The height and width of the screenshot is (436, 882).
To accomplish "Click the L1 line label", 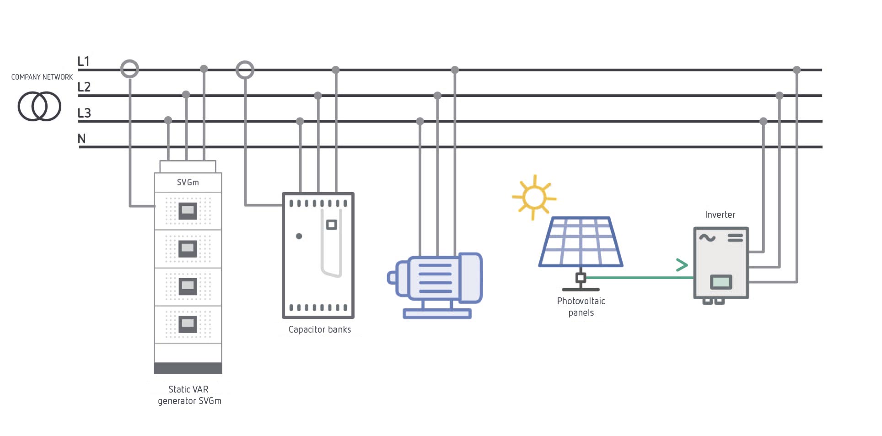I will click(84, 61).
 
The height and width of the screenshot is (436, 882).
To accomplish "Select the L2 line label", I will click(84, 87).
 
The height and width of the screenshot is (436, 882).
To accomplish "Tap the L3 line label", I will click(84, 113).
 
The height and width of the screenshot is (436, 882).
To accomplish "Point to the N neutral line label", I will click(82, 139).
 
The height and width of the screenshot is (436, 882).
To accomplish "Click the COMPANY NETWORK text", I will click(42, 77).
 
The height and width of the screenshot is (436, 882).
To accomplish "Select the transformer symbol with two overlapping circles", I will click(39, 106).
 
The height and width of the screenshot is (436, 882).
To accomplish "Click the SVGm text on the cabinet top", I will click(188, 183).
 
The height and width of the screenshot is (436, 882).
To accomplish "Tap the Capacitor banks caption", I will click(320, 329).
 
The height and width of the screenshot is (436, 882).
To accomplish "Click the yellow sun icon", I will click(534, 197).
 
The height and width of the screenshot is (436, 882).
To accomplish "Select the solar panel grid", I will click(581, 242).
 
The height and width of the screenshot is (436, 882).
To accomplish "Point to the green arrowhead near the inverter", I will click(682, 265).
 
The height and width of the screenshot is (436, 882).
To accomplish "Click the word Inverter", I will click(720, 215).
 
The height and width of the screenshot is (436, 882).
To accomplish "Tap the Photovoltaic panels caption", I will click(581, 307).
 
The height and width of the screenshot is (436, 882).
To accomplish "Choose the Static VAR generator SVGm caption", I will click(189, 395).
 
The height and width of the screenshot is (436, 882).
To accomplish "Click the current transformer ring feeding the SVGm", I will click(129, 69).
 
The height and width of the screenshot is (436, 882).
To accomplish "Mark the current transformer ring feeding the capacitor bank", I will click(245, 70).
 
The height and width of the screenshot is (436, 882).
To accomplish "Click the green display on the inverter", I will click(721, 282).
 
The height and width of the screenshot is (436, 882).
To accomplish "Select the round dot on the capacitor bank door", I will click(299, 236).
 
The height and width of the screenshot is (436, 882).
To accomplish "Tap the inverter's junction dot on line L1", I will click(797, 70).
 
